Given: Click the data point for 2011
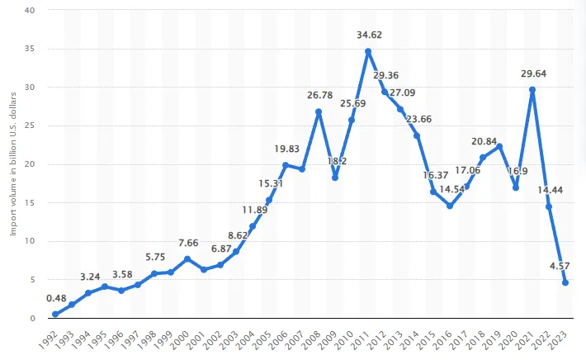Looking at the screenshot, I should tap(368, 51).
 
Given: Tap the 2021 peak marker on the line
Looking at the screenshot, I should tap(532, 89).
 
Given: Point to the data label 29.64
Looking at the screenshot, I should tap(533, 73).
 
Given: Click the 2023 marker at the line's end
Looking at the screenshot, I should tap(565, 283).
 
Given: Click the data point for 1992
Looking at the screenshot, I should tap(55, 315).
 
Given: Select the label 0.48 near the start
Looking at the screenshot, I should tap(56, 298).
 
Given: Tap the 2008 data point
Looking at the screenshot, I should tap(319, 111).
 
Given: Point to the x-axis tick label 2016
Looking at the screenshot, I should tap(449, 339).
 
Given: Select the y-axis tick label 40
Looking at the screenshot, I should tap(31, 11).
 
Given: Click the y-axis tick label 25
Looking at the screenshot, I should tap(31, 126).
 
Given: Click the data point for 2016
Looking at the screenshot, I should tap(450, 206).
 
